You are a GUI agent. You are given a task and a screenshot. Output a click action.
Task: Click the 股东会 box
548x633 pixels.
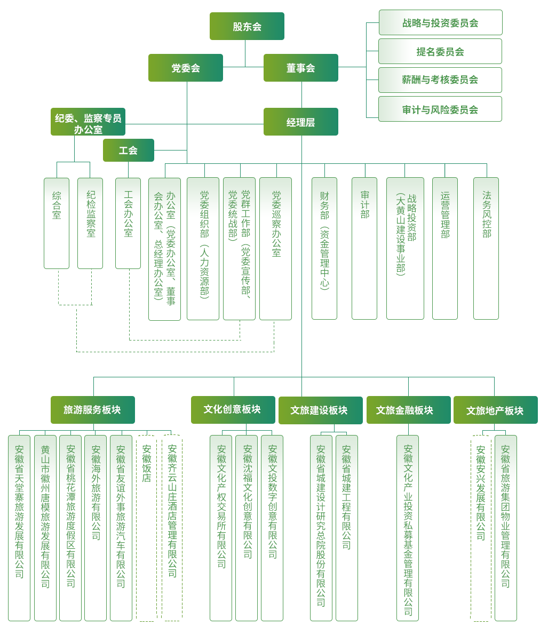pyautogui.click(x=247, y=26)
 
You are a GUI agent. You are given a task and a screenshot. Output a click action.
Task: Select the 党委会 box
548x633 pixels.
pyautogui.click(x=186, y=68)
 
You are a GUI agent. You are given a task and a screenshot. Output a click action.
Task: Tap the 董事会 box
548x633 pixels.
pyautogui.click(x=300, y=68)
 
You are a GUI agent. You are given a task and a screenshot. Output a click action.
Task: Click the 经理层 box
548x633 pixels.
pyautogui.click(x=300, y=122)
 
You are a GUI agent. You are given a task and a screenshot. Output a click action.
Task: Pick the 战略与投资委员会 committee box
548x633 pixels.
pyautogui.click(x=440, y=23)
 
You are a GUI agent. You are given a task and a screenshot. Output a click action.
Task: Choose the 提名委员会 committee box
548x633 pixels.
pyautogui.click(x=440, y=51)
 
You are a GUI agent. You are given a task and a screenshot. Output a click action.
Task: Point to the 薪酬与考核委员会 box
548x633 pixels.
pyautogui.click(x=440, y=80)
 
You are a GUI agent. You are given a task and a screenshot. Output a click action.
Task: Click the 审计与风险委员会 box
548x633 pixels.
pyautogui.click(x=440, y=109)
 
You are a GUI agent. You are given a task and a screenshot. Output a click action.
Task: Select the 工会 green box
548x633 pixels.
pyautogui.click(x=128, y=151)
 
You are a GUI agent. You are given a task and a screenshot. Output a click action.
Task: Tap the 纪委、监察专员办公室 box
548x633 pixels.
pyautogui.click(x=88, y=123)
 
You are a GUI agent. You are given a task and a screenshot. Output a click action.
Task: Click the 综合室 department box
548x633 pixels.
pyautogui.click(x=57, y=223)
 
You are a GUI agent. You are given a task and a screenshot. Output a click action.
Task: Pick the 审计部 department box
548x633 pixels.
pyautogui.click(x=364, y=248)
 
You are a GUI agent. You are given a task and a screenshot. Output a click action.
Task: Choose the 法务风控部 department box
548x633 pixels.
pyautogui.click(x=486, y=248)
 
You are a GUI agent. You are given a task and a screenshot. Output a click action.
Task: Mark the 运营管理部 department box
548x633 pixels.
pyautogui.click(x=445, y=248)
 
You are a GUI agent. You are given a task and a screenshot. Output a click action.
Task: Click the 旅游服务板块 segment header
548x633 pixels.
pyautogui.click(x=92, y=410)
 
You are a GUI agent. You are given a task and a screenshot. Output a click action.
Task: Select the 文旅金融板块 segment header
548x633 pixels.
pyautogui.click(x=408, y=410)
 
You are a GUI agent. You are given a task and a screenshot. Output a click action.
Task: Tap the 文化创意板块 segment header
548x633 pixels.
pyautogui.click(x=233, y=409)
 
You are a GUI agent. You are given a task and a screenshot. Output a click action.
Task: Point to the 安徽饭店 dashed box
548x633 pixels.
pyautogui.click(x=147, y=528)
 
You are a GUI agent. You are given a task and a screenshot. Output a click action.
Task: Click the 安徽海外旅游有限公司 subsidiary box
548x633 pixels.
pyautogui.click(x=96, y=528)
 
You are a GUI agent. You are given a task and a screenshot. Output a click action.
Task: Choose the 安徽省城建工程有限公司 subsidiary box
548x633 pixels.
pyautogui.click(x=347, y=528)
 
